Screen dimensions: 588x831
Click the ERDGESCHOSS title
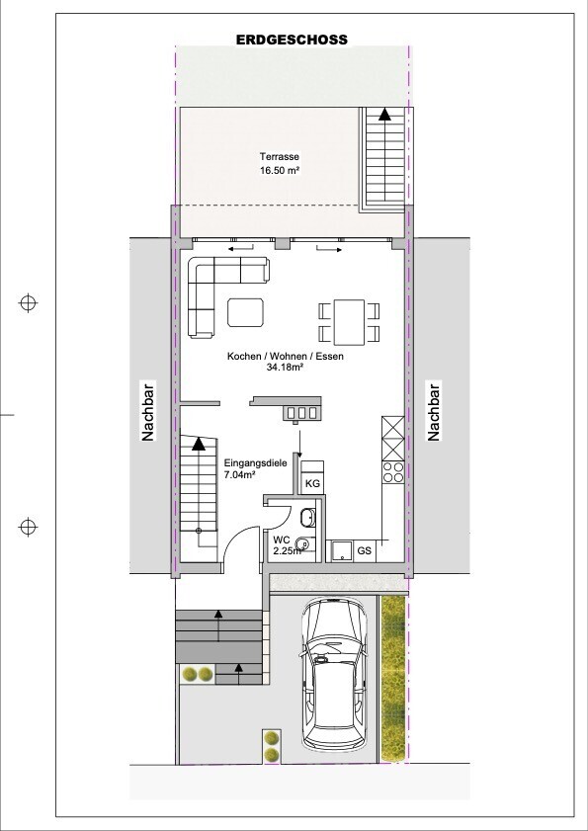click(292, 40)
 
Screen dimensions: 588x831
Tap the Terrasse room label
click(280, 157)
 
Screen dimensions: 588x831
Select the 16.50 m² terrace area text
click(281, 171)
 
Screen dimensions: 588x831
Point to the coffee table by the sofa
click(245, 312)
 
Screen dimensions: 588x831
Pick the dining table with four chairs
click(349, 322)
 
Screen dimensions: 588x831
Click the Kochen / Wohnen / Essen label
click(286, 357)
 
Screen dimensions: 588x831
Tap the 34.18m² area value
click(285, 368)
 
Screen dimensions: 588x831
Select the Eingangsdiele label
click(256, 462)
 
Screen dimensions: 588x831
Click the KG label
click(312, 484)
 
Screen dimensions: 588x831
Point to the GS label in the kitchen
click(365, 550)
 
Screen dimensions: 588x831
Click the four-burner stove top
click(393, 472)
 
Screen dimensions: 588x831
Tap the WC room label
click(281, 540)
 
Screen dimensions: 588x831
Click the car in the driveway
click(333, 674)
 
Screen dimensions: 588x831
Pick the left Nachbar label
click(147, 410)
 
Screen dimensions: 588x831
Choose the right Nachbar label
click(434, 411)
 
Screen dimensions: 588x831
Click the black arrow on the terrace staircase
click(383, 114)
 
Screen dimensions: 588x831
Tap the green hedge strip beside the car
click(393, 679)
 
